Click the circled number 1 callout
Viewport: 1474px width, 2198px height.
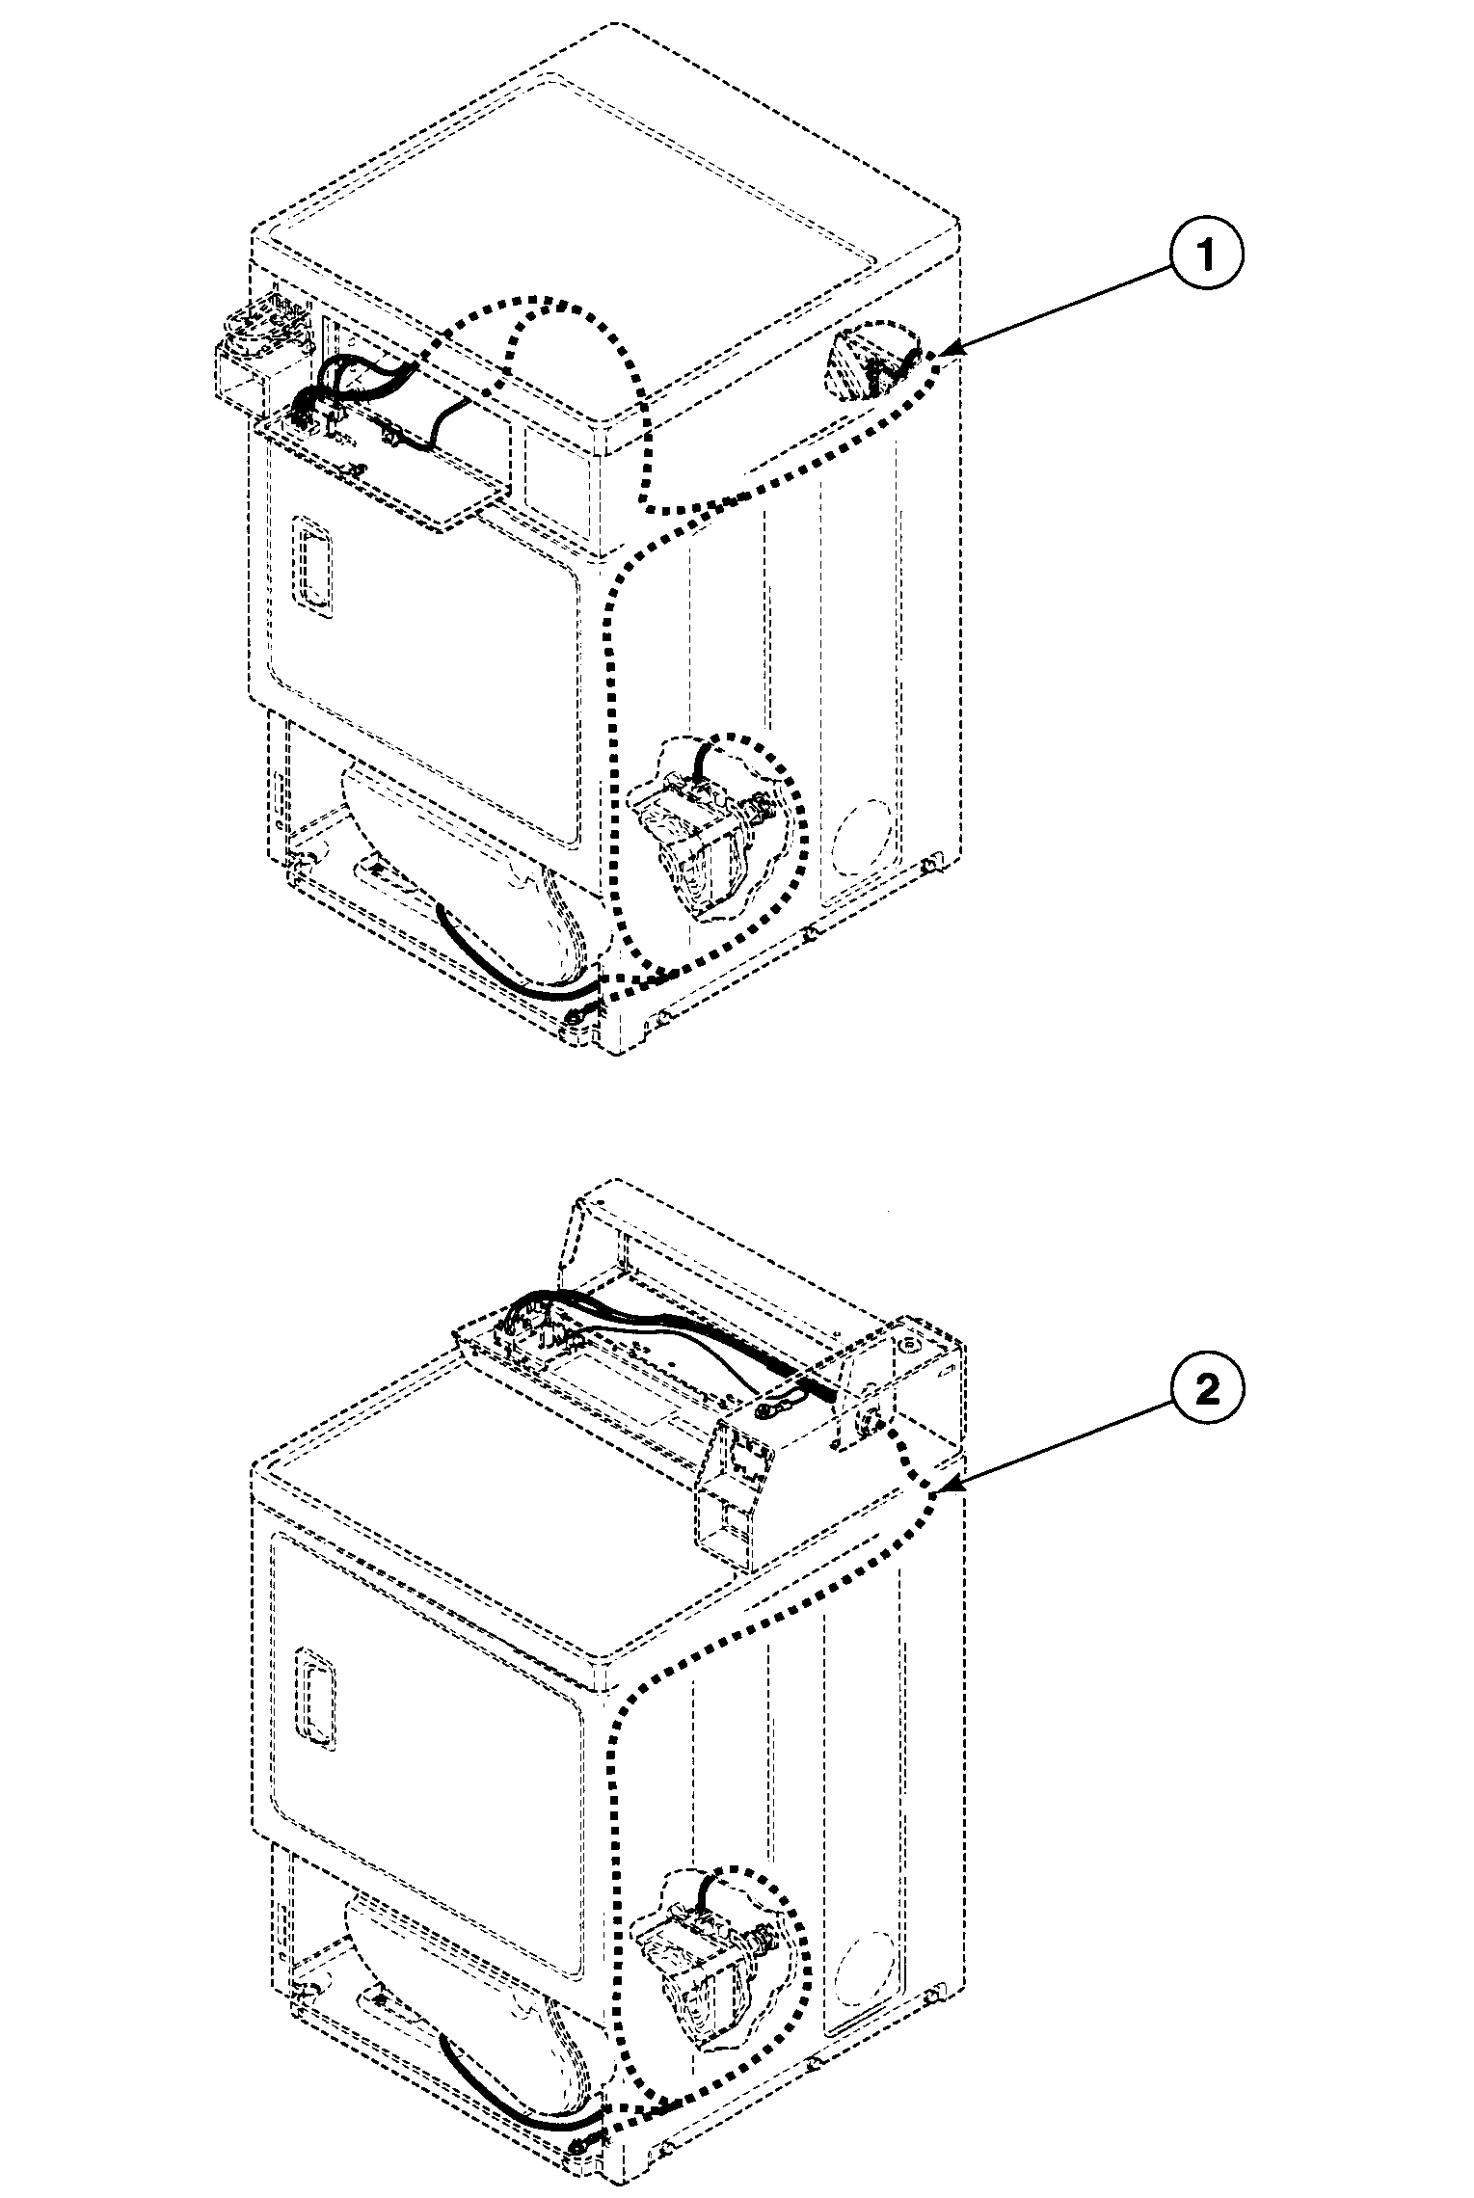coord(1207,253)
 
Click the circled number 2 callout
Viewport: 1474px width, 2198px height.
coord(1207,1389)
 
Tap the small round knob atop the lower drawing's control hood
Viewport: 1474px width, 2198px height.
coord(907,1341)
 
